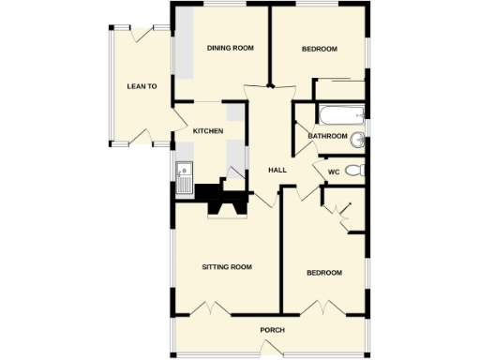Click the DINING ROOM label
pyautogui.click(x=231, y=49)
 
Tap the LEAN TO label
pyautogui.click(x=142, y=86)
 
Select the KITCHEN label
pyautogui.click(x=207, y=131)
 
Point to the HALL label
pyautogui.click(x=277, y=170)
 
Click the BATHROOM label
pyautogui.click(x=327, y=137)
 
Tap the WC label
pyautogui.click(x=333, y=172)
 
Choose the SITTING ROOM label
pyautogui.click(x=228, y=267)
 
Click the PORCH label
pyautogui.click(x=272, y=330)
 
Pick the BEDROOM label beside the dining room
pyautogui.click(x=320, y=49)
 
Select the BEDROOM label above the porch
pyautogui.click(x=324, y=273)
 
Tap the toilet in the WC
pyautogui.click(x=353, y=171)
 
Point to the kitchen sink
pyautogui.click(x=184, y=177)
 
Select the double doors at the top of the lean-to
pyautogui.click(x=142, y=35)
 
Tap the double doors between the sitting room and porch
pyautogui.click(x=217, y=308)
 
